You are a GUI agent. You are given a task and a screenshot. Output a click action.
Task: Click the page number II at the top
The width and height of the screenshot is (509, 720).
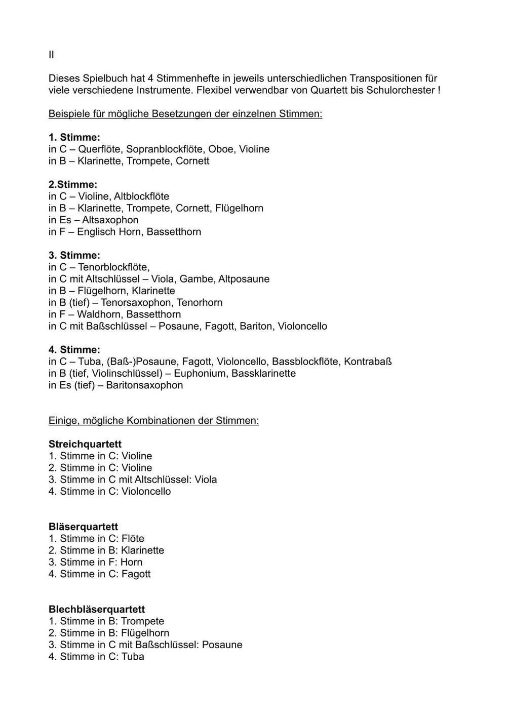pos(51,55)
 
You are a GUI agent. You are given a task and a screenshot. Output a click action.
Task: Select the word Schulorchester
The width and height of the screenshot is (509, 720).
pos(403,90)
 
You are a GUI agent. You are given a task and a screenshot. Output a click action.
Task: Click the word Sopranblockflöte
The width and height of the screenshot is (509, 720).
pos(165,149)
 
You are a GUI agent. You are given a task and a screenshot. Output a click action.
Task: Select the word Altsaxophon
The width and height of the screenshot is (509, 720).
pos(110,220)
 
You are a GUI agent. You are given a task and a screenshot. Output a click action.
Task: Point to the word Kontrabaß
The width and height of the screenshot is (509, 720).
pos(368,362)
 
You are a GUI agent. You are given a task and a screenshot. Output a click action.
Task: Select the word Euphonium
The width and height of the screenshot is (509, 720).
pos(198,374)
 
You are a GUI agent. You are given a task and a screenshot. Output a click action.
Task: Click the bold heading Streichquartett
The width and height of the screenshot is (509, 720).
pos(85,445)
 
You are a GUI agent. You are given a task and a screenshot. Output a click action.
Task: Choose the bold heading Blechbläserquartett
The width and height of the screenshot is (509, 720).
pos(97,610)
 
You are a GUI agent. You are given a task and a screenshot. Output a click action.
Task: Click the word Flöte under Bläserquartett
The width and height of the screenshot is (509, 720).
pos(133,539)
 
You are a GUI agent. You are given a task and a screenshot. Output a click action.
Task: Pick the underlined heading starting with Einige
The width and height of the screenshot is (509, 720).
pos(153,421)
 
